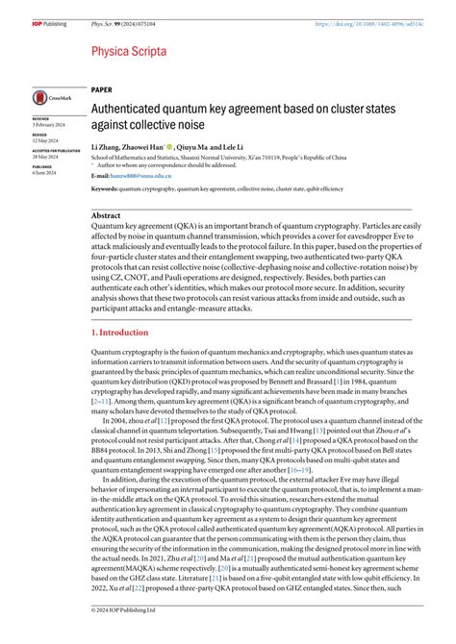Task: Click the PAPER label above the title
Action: click(x=101, y=88)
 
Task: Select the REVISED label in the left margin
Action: click(x=39, y=135)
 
